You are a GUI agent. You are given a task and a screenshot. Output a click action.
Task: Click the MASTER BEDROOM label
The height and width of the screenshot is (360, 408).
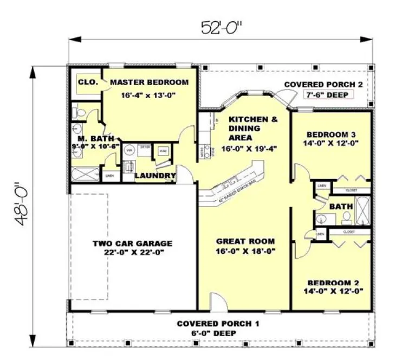click(x=149, y=82)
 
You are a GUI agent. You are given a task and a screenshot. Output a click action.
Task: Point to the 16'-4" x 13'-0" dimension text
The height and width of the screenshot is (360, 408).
click(x=149, y=94)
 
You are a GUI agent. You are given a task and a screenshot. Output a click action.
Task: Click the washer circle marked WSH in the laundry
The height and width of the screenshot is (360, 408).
click(x=129, y=150)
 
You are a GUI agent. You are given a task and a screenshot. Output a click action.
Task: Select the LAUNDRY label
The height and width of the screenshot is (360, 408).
click(x=155, y=176)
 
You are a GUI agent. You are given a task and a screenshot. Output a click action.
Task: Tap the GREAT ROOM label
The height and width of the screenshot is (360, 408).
click(x=245, y=241)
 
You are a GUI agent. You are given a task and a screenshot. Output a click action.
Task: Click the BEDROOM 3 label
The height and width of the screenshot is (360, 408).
click(x=331, y=134)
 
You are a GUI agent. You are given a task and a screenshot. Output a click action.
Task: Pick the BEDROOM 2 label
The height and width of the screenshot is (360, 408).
click(x=331, y=282)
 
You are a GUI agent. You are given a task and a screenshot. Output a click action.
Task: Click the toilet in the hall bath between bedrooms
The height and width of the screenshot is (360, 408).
click(x=345, y=217)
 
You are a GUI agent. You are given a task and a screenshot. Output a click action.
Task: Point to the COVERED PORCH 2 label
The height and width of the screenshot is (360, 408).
click(x=323, y=85)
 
